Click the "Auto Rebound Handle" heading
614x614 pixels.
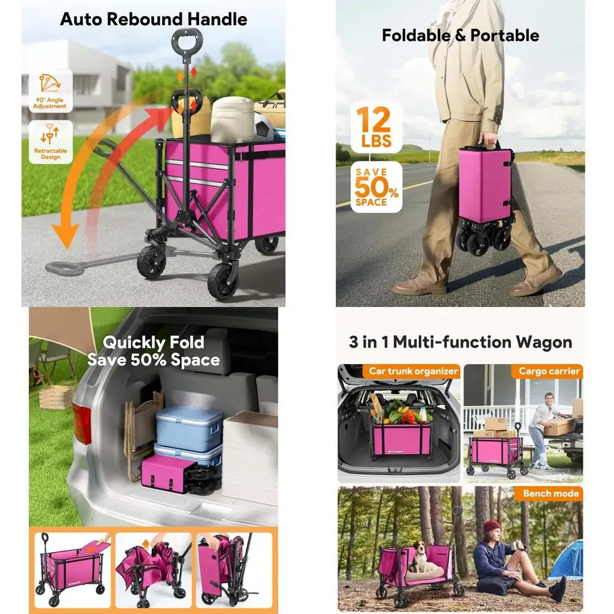click(153, 19)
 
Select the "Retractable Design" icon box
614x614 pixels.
click(50, 142)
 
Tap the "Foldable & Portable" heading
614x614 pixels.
click(460, 35)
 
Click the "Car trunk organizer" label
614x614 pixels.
click(413, 371)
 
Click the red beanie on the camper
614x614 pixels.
click(492, 527)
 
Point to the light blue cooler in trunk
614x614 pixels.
click(188, 427)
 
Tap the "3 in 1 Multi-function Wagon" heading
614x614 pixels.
click(460, 342)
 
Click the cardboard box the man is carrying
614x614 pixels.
click(559, 426)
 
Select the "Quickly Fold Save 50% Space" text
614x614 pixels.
click(153, 351)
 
